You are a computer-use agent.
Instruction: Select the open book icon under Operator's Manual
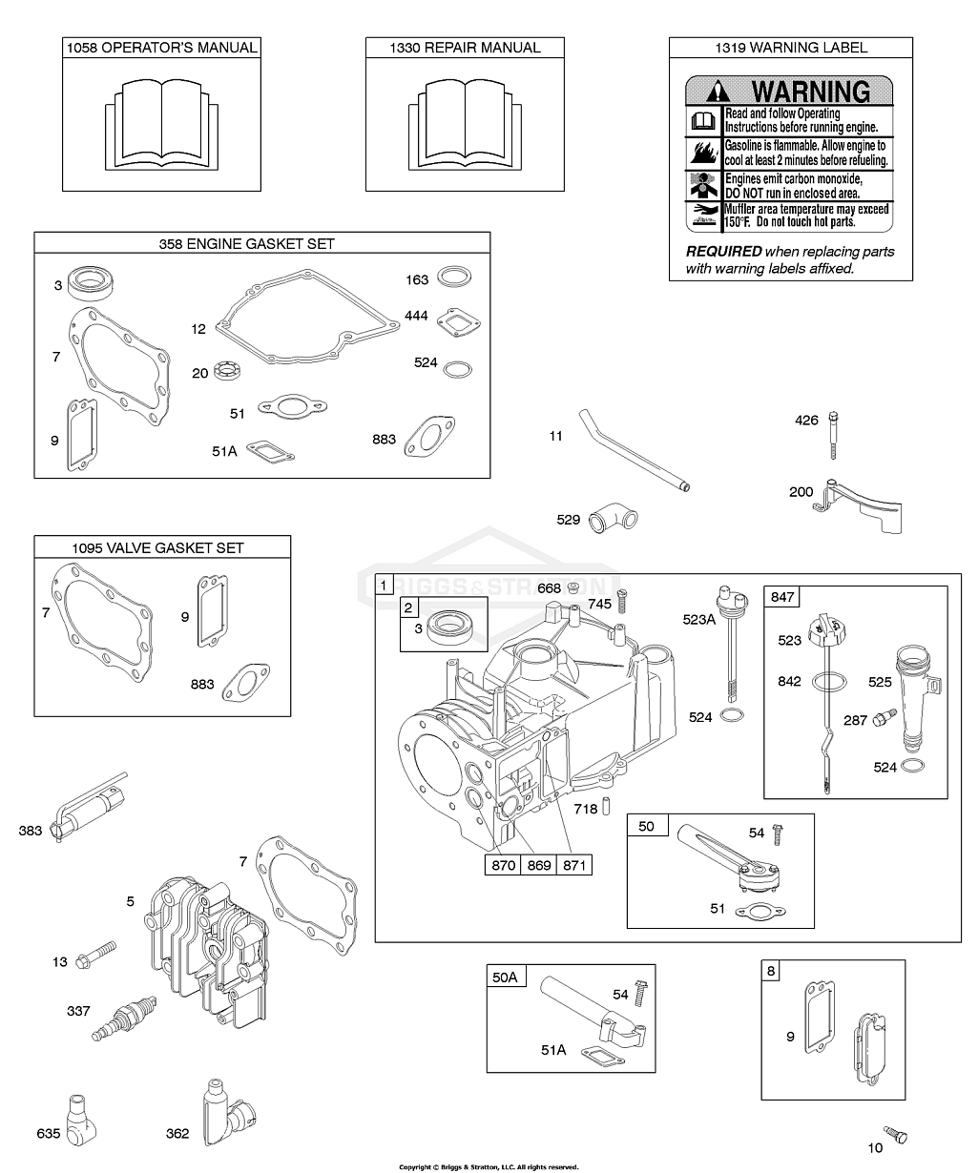coord(162,125)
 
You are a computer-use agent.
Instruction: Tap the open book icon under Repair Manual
coord(465,125)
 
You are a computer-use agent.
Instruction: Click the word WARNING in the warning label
coord(810,92)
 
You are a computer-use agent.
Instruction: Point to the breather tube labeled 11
coord(634,450)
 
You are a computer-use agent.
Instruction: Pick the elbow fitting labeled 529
coord(614,518)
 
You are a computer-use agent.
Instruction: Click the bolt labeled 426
coord(833,435)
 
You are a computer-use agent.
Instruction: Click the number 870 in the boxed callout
coord(503,865)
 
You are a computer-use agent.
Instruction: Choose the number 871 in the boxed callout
coord(573,865)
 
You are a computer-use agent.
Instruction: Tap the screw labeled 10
coord(895,1134)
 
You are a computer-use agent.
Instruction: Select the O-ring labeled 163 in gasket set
coord(453,277)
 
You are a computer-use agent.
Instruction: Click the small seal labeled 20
coord(228,370)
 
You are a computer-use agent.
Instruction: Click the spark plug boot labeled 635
coord(81,1120)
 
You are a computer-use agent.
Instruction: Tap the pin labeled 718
coord(606,806)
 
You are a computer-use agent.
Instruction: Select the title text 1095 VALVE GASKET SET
coord(157,547)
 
